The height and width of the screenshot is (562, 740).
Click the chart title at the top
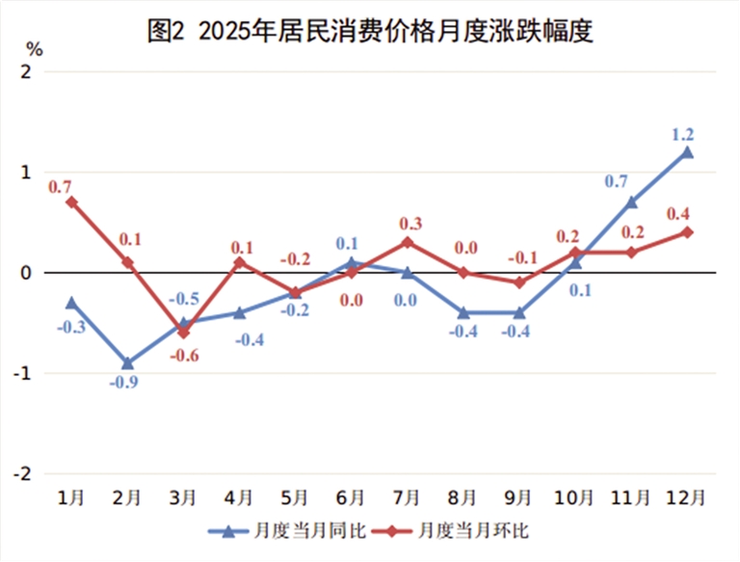pos(369,31)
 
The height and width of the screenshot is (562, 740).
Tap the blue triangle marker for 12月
pos(687,152)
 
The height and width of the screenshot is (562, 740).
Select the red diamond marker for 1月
pos(71,202)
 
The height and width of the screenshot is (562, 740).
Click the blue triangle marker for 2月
pos(127,362)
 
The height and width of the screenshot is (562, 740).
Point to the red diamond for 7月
pos(407,242)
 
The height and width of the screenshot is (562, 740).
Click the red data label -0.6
pos(186,356)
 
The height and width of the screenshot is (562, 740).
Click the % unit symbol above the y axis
pos(34,47)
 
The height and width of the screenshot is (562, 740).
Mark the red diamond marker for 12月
pos(687,232)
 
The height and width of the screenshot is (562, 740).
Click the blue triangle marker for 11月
pos(631,202)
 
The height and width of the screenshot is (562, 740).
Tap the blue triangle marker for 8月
pos(462,312)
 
